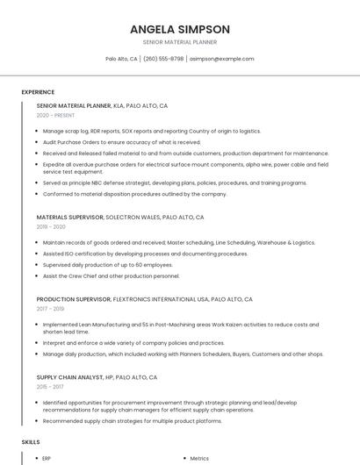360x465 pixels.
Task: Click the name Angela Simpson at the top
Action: (180, 29)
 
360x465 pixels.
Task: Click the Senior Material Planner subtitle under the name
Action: (180, 42)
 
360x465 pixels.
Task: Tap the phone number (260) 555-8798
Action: (163, 59)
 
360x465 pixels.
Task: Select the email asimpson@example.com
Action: (222, 59)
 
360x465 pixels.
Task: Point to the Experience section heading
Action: (38, 91)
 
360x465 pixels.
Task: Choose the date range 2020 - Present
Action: (55, 115)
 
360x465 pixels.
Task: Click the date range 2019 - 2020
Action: (52, 226)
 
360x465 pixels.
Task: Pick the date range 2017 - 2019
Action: (51, 309)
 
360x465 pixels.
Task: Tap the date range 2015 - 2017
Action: (51, 387)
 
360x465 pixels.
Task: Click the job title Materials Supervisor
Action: (70, 217)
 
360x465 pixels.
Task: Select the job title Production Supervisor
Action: (74, 299)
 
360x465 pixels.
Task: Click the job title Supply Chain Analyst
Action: (73, 377)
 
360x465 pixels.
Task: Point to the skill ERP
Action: (47, 458)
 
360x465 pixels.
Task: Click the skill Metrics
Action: (199, 458)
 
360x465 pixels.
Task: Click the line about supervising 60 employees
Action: (107, 264)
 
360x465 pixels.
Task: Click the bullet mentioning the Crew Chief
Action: (111, 275)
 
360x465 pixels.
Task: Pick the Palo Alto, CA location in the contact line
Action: (121, 59)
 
